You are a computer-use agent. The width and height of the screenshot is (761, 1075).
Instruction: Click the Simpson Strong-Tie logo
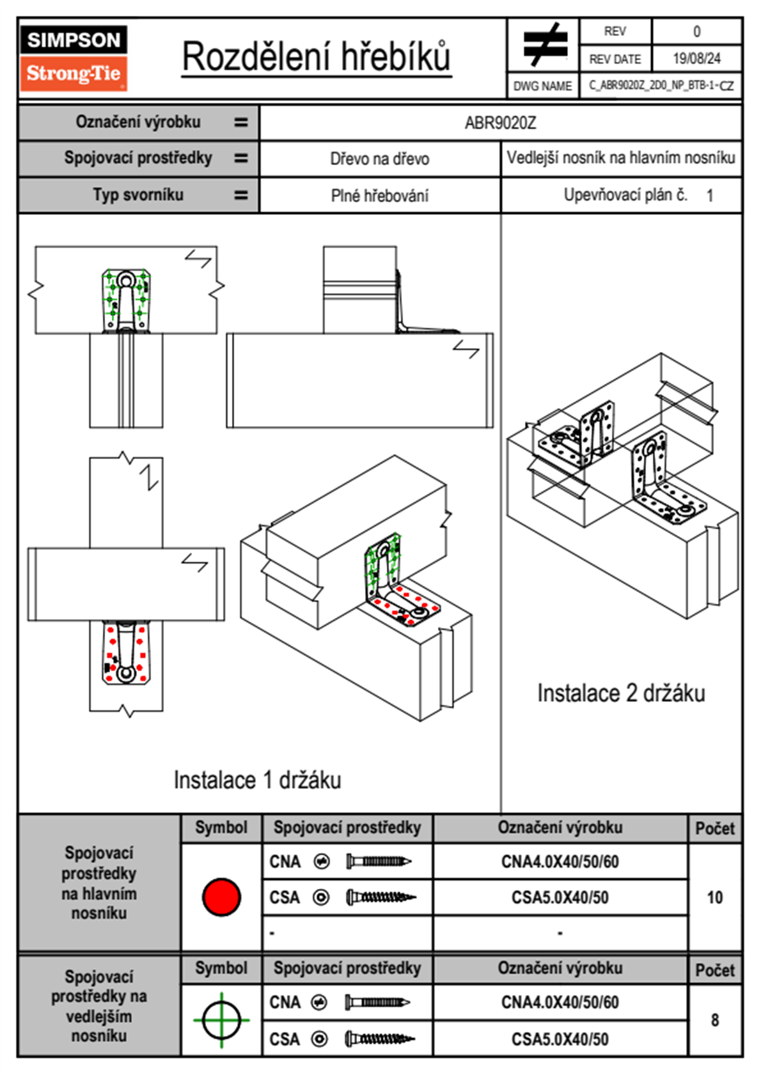click(74, 58)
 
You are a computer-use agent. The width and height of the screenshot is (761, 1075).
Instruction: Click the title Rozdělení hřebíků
click(317, 56)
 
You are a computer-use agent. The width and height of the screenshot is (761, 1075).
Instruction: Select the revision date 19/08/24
click(696, 59)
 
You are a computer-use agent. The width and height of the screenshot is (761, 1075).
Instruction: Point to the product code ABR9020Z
click(500, 123)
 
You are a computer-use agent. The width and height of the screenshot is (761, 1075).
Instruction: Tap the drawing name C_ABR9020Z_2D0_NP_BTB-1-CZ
click(661, 86)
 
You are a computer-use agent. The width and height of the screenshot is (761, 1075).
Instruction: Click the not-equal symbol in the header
click(544, 45)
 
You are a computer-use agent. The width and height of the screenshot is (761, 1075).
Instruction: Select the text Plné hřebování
click(379, 196)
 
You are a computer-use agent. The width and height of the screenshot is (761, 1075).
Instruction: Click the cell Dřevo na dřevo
click(379, 159)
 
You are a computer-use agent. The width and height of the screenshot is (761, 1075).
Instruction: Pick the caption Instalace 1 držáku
click(257, 780)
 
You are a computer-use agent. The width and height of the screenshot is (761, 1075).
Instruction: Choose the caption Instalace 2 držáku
click(620, 693)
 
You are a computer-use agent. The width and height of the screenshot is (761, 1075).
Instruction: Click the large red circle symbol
click(221, 897)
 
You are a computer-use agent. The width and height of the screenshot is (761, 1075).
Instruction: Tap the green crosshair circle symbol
click(221, 1020)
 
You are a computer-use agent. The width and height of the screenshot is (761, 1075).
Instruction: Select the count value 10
click(714, 897)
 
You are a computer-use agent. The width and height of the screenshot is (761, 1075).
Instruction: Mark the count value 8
click(714, 1020)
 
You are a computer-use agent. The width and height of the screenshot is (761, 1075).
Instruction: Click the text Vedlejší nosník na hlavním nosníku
click(620, 158)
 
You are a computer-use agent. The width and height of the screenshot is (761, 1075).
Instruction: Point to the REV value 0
click(696, 31)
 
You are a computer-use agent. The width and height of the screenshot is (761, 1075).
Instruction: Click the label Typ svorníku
click(138, 195)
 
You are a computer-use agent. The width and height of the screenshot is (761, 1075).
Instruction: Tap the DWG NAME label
click(542, 86)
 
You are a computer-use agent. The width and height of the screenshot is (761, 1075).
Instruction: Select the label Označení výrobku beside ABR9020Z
click(138, 122)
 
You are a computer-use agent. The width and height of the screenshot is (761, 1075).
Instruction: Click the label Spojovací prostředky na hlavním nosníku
click(99, 883)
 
